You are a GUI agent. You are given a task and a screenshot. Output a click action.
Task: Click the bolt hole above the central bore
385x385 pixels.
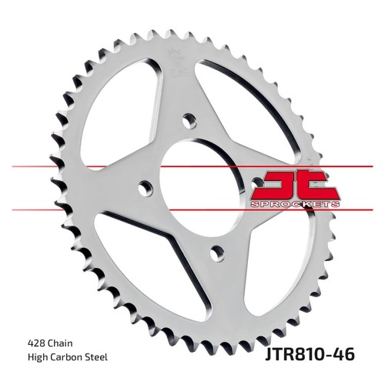point(189,121)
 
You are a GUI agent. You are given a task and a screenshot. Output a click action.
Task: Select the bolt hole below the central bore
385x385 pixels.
point(217,253)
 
